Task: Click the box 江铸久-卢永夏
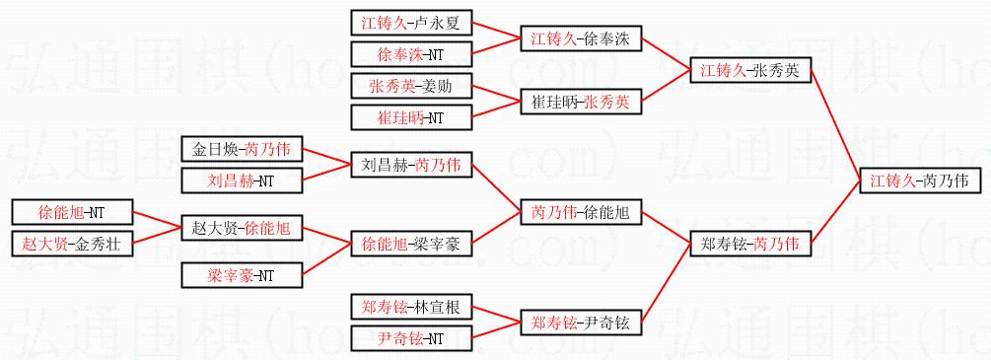[411, 24]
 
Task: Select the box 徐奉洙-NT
[411, 54]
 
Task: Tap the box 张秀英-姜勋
[411, 87]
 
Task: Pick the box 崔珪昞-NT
[411, 117]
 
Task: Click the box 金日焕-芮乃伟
[242, 150]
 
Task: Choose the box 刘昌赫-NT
[242, 180]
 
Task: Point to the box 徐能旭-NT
[72, 213]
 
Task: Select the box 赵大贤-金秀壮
[72, 243]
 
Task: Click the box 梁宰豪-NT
[242, 275]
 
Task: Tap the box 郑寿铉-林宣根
[411, 308]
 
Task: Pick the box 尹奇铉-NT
[411, 338]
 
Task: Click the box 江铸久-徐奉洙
[581, 38]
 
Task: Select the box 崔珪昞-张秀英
[581, 102]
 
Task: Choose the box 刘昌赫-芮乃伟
[411, 166]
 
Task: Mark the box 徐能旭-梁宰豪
[411, 244]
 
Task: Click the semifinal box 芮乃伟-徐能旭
[581, 213]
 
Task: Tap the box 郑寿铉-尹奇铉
[581, 323]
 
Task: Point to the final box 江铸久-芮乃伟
[921, 180]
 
